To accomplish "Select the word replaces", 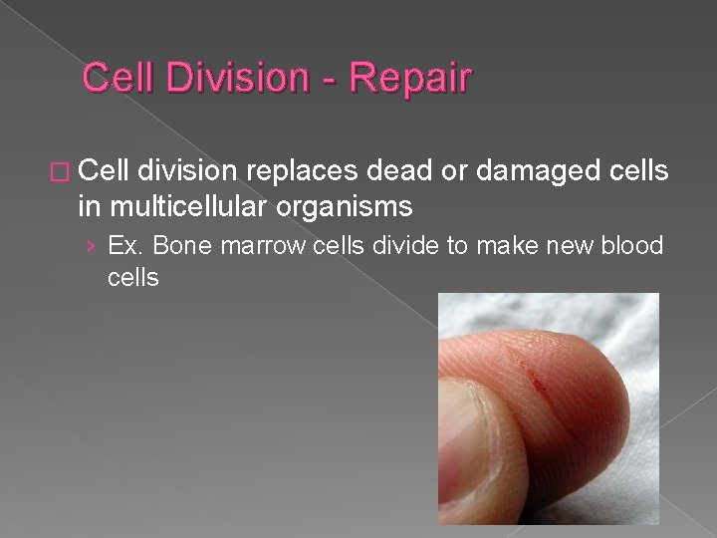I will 304,171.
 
